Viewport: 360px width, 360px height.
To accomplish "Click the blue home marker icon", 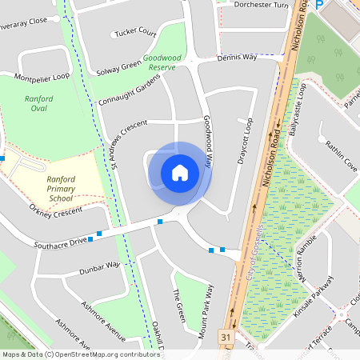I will pos(180,172).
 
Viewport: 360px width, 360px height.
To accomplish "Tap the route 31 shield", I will pos(226,338).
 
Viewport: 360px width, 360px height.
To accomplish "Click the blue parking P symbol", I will pos(318,5).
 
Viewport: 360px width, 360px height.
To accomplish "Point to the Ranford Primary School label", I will pos(61,188).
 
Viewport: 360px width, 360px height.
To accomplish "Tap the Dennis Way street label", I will pos(238,58).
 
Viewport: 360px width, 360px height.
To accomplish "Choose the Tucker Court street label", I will pos(135,33).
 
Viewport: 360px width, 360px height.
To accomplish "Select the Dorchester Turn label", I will pos(261,4).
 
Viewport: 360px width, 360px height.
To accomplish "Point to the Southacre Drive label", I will pos(60,241).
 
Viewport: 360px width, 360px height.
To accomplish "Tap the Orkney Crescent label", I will pos(56,212).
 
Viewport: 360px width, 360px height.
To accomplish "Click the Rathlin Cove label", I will pos(341,155).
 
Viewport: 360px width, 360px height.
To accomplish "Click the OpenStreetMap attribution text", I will pos(81,354).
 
